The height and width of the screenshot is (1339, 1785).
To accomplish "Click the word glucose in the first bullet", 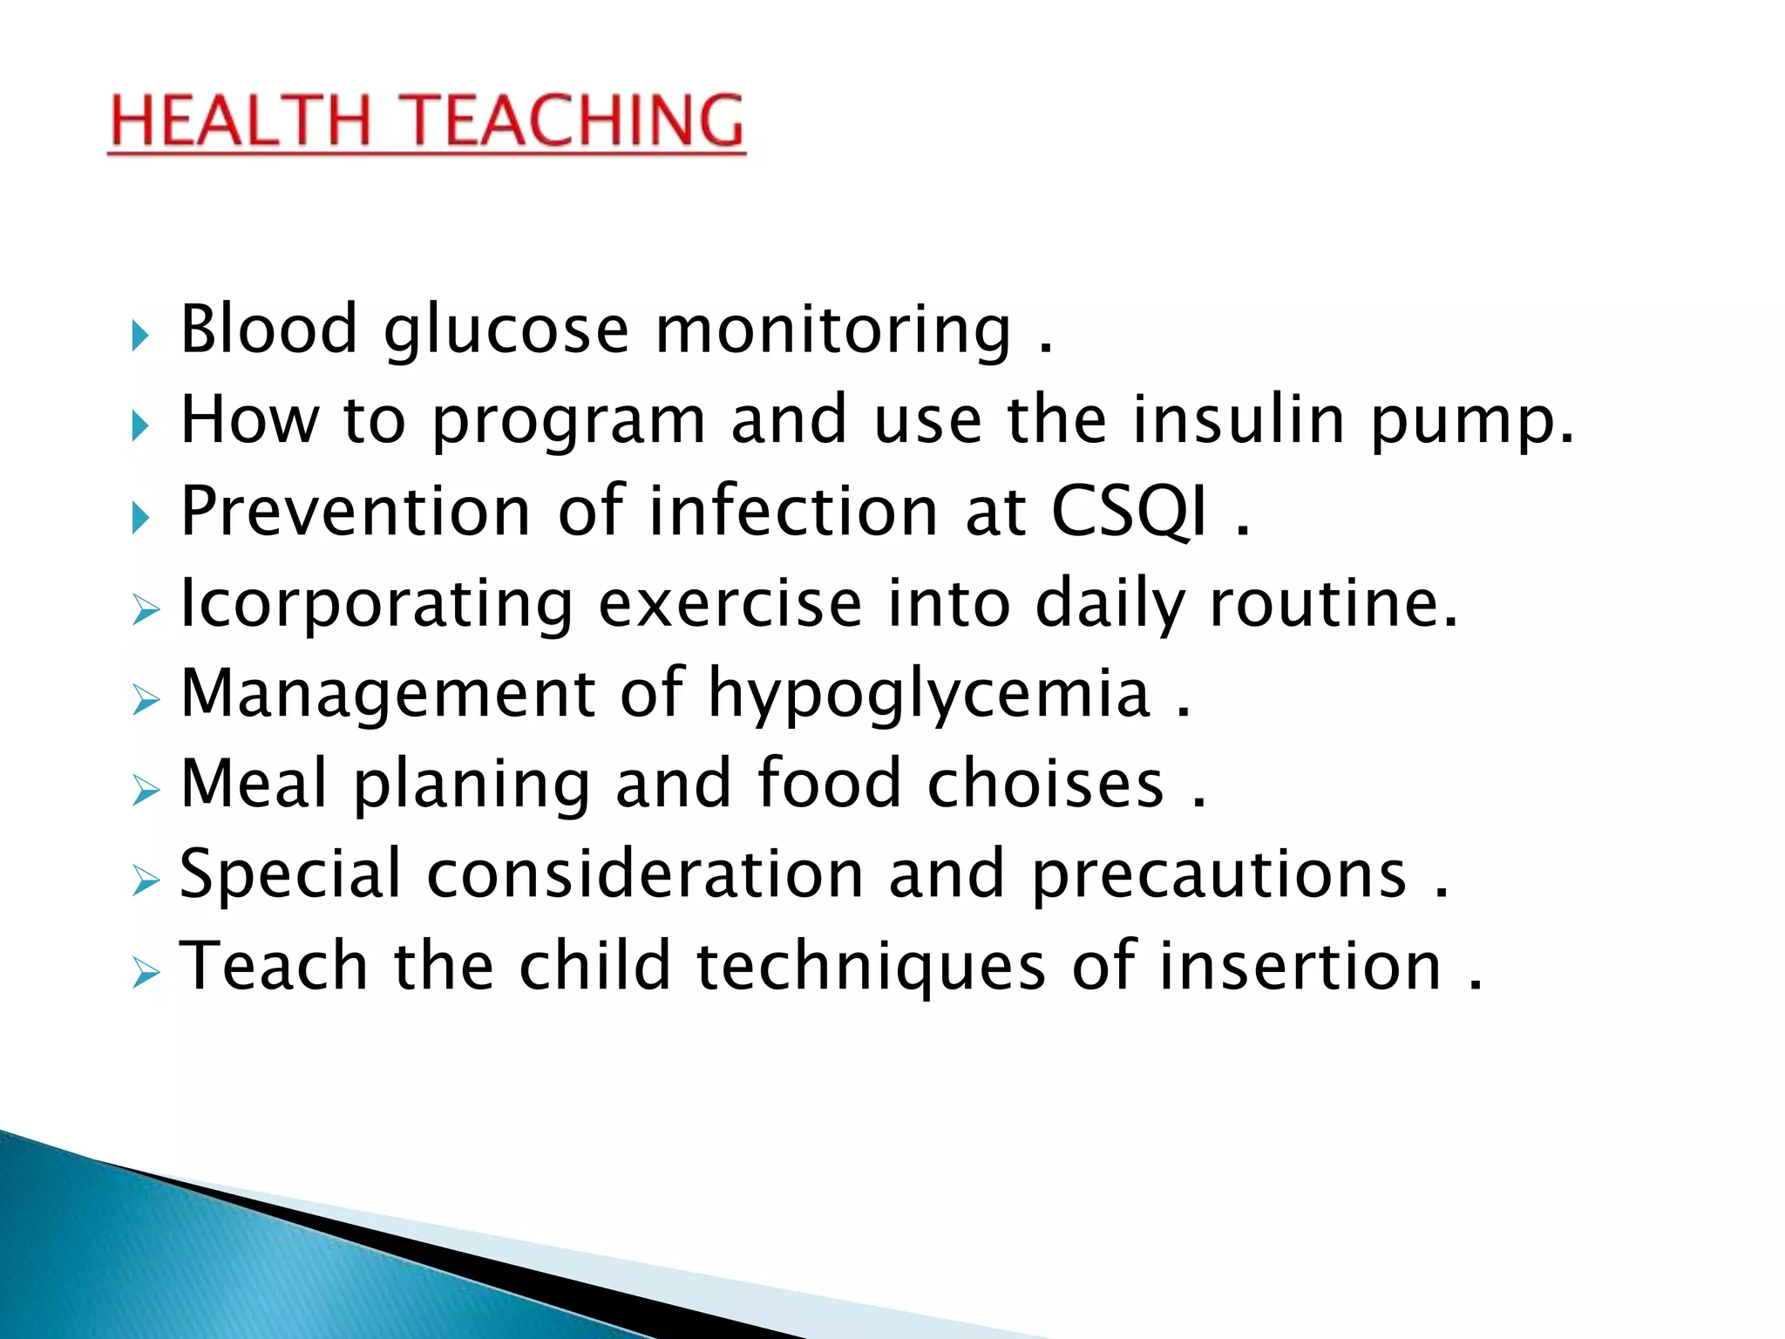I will pyautogui.click(x=506, y=331).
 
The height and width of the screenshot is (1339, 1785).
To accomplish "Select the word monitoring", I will pyautogui.click(x=833, y=331).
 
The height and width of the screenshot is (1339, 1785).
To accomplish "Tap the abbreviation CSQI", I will pyautogui.click(x=1130, y=512).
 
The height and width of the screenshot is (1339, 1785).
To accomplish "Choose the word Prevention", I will pyautogui.click(x=356, y=512).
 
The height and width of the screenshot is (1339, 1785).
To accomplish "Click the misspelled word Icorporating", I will pyautogui.click(x=376, y=605).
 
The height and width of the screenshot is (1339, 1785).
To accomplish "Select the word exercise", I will pyautogui.click(x=730, y=603).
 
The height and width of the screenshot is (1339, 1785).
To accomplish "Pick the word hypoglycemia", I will pyautogui.click(x=929, y=696).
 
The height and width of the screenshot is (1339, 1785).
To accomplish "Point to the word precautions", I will pyautogui.click(x=1219, y=876).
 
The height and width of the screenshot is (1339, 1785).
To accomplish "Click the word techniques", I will pyautogui.click(x=871, y=969).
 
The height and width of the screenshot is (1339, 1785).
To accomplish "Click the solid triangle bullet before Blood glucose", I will pyautogui.click(x=139, y=335).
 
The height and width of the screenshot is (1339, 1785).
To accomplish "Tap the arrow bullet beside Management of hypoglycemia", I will pyautogui.click(x=146, y=699).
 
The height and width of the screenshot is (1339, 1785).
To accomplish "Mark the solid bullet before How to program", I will pyautogui.click(x=139, y=426).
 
